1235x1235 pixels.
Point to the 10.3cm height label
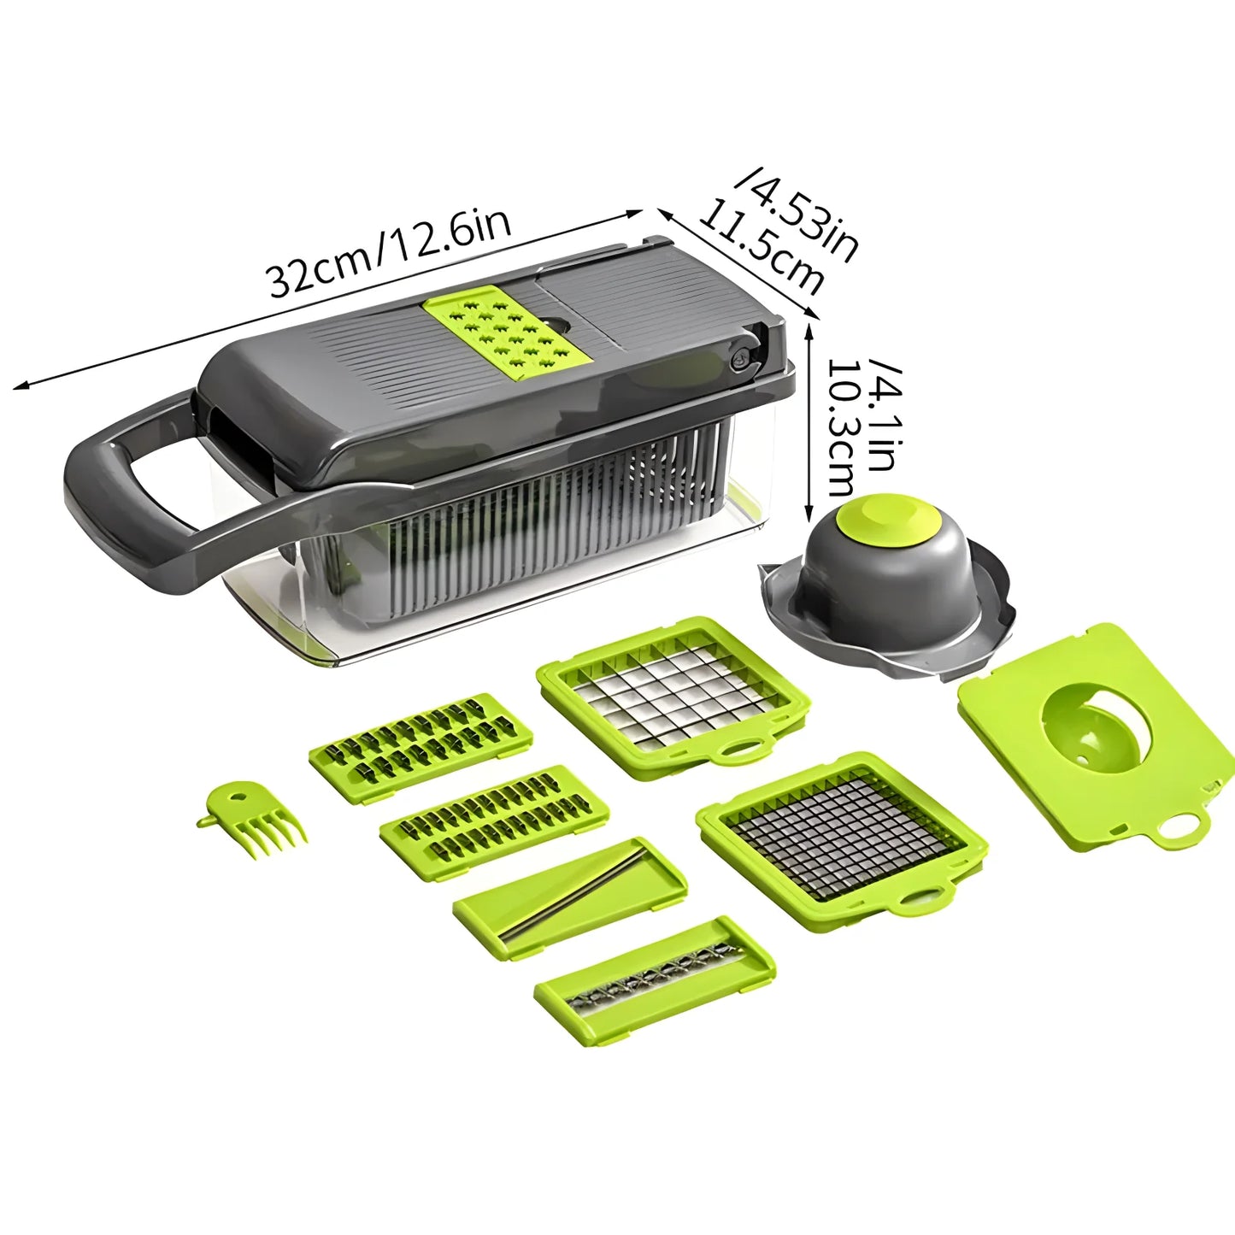coord(841,427)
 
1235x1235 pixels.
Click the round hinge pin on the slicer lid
coord(738,360)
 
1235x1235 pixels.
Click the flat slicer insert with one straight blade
coord(568,889)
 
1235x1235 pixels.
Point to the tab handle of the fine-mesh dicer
coord(921,899)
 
